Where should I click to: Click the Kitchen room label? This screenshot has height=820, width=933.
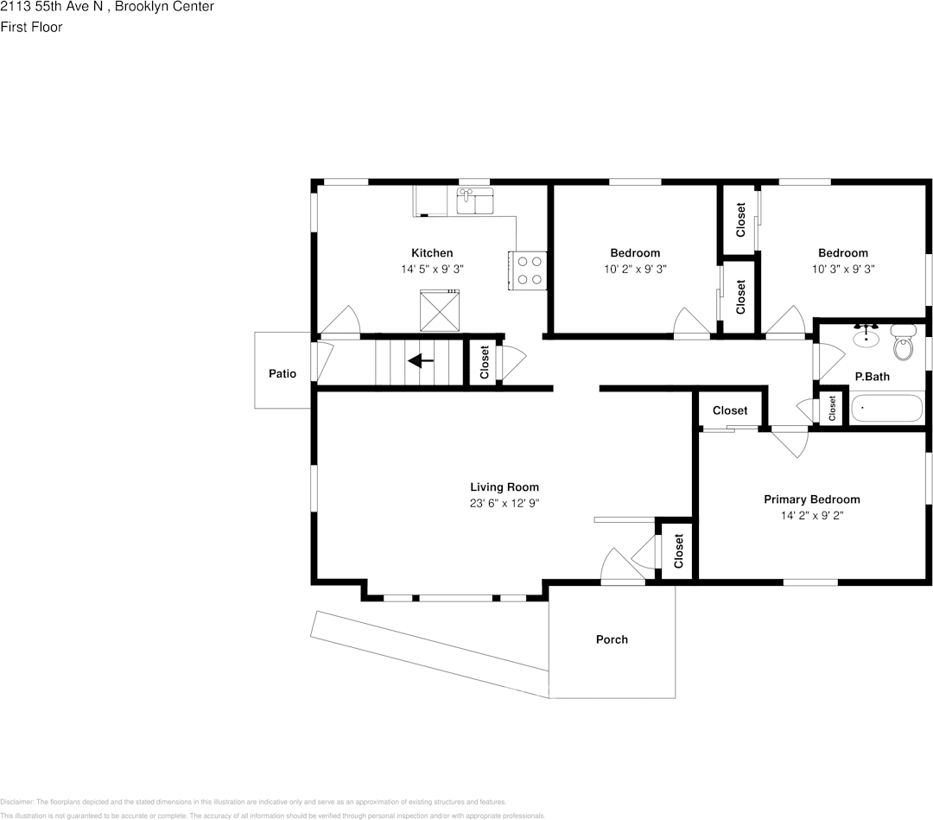431,253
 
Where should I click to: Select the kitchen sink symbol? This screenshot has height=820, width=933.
473,200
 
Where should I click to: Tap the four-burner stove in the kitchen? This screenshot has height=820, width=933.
528,270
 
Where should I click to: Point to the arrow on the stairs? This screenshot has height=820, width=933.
421,360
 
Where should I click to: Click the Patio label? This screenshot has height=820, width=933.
282,374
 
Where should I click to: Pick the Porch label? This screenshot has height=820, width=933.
612,639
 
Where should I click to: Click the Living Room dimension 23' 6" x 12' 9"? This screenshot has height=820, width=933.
505,503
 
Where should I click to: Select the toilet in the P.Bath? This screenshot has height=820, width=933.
903,344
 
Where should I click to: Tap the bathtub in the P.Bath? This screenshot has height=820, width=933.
886,408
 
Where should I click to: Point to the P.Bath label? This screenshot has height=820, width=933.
872,377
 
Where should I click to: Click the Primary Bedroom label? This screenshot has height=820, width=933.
811,499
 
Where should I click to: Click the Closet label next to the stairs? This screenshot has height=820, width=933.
485,362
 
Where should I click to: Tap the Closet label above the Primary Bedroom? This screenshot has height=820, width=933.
730,410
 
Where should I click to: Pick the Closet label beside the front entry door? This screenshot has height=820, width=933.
678,550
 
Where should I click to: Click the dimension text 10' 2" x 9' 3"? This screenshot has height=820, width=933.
635,269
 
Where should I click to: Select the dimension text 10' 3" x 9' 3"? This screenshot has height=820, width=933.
843,269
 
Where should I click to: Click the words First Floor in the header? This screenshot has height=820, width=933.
31,27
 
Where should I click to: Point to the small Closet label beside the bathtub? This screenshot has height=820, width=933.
832,409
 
